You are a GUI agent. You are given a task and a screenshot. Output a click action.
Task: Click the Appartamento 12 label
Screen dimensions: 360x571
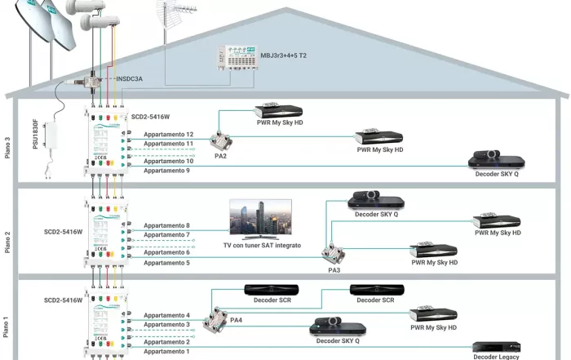168,134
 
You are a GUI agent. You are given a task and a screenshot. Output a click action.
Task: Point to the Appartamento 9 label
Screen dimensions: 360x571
167,171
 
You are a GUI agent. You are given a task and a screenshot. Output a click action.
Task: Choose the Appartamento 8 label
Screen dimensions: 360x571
166,225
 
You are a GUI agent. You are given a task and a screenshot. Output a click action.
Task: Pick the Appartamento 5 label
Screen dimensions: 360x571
166,263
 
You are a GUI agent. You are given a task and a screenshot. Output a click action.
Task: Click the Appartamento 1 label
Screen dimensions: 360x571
166,352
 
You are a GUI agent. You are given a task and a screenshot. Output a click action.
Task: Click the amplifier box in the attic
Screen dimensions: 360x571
244,60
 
